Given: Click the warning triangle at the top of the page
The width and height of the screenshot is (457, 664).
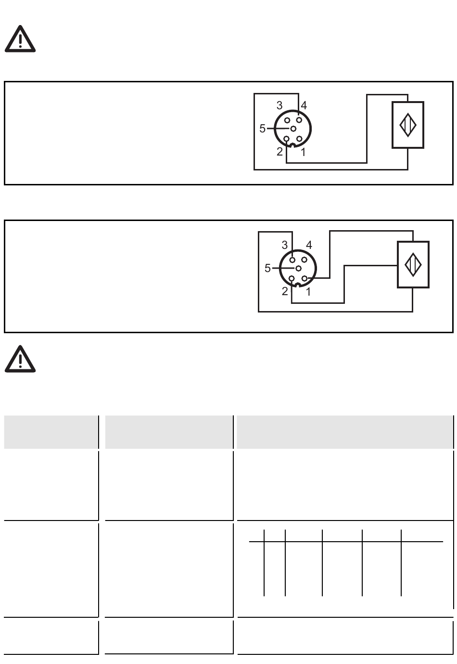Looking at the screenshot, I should coord(20,40).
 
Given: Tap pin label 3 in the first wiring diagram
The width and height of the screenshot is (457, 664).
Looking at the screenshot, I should coord(279,105).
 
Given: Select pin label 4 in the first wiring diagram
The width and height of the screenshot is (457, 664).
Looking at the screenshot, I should coord(304,105).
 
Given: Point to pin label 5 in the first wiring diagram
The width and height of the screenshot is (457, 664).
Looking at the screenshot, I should coord(262,129).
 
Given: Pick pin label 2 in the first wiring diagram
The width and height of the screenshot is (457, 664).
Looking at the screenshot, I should coord(279,152).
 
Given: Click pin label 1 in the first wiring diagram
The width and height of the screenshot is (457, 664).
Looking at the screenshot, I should coord(303,153).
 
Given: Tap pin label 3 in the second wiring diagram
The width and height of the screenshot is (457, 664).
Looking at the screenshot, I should coord(284,245).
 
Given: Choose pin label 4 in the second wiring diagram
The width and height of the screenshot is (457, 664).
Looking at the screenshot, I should coord(309,245).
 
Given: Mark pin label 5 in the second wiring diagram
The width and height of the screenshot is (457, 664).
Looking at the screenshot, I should coord(267,269).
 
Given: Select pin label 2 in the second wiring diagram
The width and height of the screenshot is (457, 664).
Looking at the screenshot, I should coord(285,291).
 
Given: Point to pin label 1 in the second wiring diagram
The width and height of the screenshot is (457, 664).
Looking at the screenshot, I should coord(308,292).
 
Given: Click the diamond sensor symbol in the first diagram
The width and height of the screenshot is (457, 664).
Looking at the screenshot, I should coord(408,125).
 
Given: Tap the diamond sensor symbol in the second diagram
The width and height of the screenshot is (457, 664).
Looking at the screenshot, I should coord(413,264).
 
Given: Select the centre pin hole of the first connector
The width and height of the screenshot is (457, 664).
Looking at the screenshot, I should coord(292,129).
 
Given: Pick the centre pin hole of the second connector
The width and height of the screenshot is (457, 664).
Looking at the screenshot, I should coord(298,268).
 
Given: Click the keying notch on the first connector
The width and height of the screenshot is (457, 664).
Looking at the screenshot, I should coord(292,145).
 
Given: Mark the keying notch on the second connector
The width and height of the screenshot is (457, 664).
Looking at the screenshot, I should coord(298,285).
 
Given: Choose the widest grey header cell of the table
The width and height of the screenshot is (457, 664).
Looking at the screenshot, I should coord(345,432).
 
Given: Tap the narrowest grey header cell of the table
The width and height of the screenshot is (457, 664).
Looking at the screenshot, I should coord(51,432).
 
